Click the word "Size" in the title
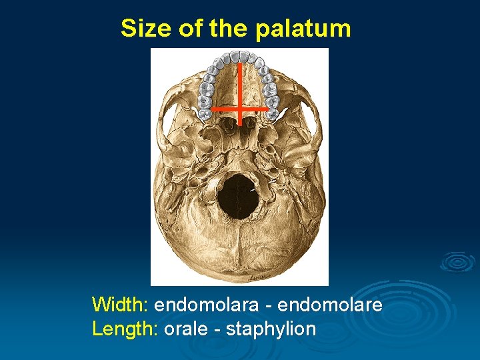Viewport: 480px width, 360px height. coord(142,28)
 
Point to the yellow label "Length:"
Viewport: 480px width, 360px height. coord(124,329)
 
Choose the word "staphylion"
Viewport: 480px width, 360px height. coord(271,329)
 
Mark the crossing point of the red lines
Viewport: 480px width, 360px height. coord(239,107)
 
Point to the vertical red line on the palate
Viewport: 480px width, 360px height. coord(239,83)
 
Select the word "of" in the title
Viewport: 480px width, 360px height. coord(187,28)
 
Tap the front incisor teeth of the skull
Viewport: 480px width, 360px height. coord(239,55)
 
